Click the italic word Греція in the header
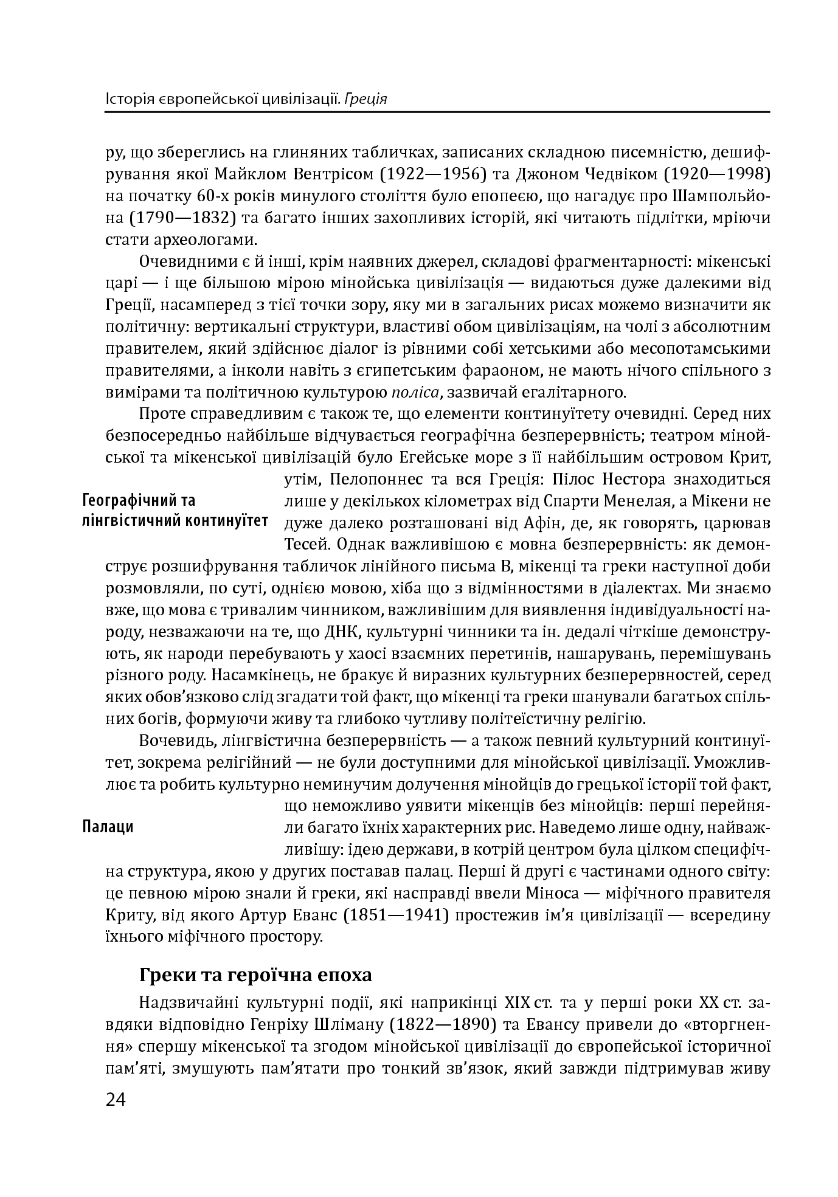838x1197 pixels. click(365, 98)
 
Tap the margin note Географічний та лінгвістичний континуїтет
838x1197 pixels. click(175, 511)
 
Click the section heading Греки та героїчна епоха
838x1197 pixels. click(255, 975)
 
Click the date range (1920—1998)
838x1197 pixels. click(716, 174)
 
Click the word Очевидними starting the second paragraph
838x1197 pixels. click(182, 262)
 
